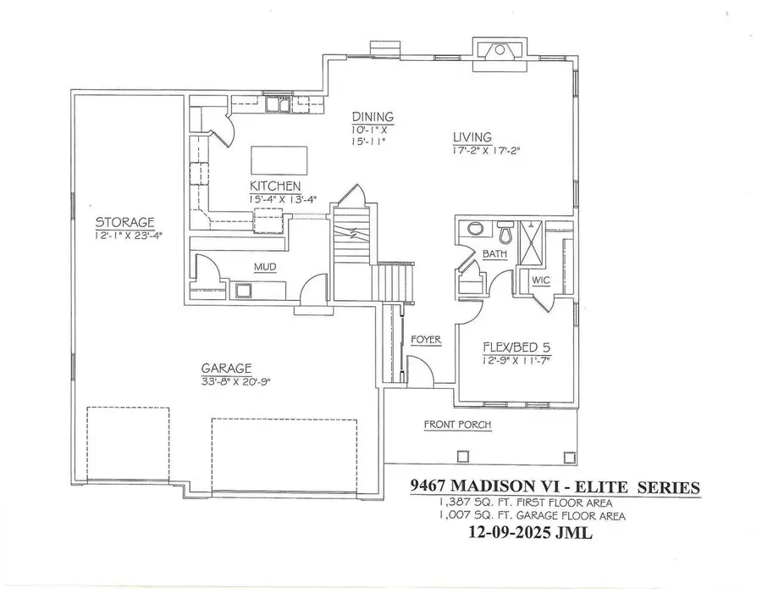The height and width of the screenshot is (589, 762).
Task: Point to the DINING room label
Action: (x=373, y=117)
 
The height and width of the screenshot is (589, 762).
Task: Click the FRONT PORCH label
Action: (x=457, y=425)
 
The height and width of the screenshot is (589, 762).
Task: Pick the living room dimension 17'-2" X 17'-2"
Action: (x=484, y=151)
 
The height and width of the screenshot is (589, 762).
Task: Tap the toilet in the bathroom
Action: (x=506, y=231)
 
